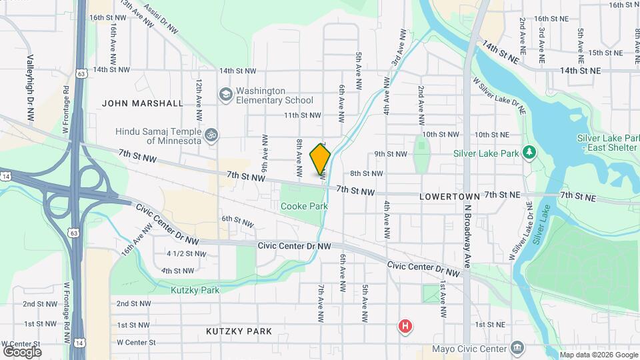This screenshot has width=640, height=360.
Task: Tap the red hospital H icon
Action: (404, 326)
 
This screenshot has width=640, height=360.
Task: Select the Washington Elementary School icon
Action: (226, 95)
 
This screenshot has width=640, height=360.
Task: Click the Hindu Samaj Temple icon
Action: (211, 135)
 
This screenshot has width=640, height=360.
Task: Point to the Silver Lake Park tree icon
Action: (529, 153)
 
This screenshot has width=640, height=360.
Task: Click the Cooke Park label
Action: (304, 207)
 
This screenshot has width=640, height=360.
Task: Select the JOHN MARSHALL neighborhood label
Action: (143, 103)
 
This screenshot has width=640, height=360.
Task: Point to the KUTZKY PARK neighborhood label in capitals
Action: (239, 331)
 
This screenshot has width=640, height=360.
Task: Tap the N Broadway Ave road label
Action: (467, 234)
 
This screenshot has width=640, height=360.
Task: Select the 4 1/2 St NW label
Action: (186, 253)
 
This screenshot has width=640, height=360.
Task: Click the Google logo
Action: (21, 352)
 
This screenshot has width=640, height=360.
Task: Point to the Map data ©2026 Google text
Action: (598, 355)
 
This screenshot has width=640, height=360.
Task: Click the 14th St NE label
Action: (580, 70)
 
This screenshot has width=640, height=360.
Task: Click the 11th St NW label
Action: (303, 115)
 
